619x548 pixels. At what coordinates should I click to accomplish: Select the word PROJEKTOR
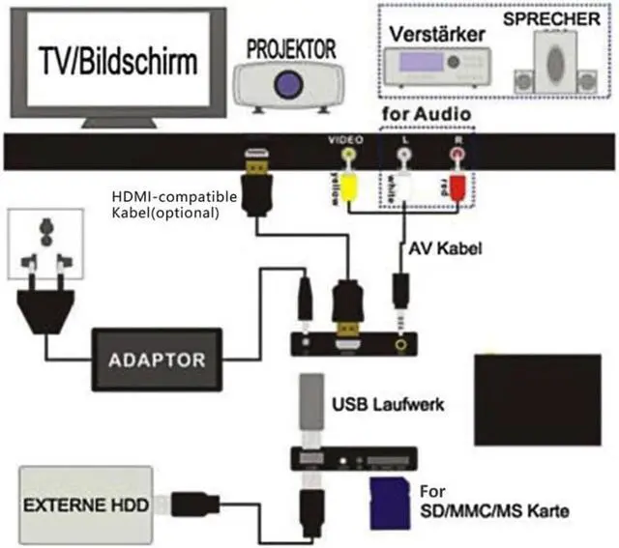point(291,47)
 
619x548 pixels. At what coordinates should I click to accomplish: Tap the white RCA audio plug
point(403,183)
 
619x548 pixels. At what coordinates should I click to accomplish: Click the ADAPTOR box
point(157,360)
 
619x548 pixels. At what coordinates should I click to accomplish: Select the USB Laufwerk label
point(388,404)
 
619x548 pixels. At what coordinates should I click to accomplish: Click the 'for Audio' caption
point(427,115)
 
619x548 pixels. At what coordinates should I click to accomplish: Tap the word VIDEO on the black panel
point(344,140)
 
